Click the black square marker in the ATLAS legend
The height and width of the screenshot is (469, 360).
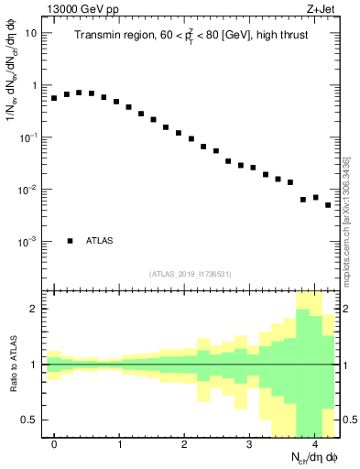coord(70,241)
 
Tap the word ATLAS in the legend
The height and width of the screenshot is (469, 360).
coord(100,241)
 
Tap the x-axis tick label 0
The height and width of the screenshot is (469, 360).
coord(55,443)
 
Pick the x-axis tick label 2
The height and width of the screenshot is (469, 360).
coord(185,443)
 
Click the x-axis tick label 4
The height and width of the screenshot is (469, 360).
coord(315,443)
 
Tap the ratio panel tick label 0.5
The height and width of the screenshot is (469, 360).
coord(31,420)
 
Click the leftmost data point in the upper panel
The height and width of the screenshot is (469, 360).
coord(54,97)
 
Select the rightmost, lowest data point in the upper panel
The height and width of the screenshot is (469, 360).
coord(328,205)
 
